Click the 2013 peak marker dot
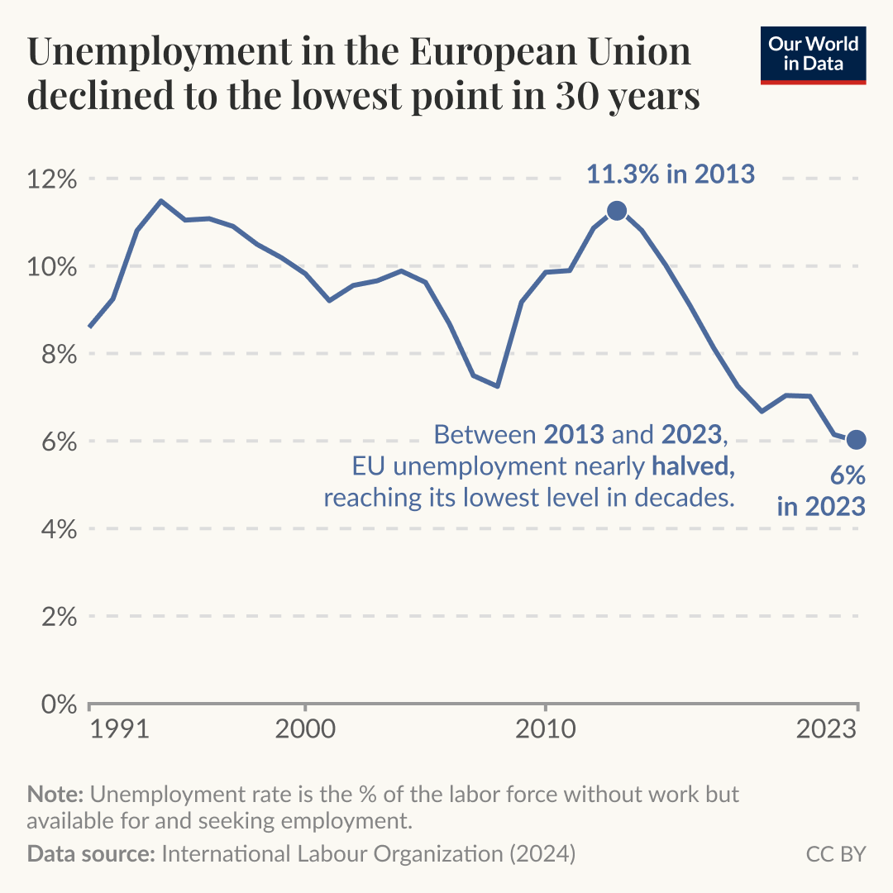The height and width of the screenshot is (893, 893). point(616,211)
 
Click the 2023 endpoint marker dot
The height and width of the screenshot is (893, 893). point(857,439)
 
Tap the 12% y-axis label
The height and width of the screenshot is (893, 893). point(54,179)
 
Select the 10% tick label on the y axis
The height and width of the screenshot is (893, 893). point(54,267)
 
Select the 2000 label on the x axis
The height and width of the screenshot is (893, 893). point(305,730)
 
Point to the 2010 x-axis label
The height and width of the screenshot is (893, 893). point(545,730)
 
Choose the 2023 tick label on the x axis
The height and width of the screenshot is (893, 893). point(826,730)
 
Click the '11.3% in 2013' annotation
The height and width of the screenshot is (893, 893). point(671,174)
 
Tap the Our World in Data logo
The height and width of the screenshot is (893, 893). point(813,55)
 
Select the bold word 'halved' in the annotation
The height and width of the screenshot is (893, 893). point(692,467)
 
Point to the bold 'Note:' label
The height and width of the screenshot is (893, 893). point(55,795)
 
